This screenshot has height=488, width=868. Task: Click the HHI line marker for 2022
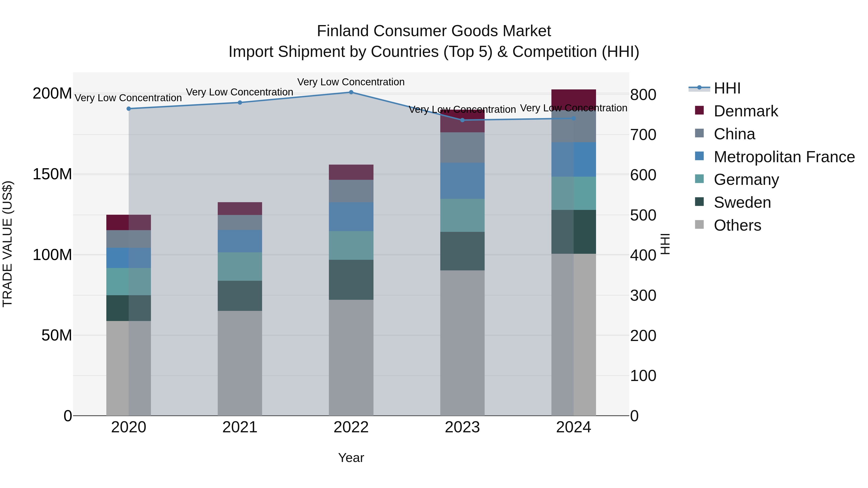[351, 92]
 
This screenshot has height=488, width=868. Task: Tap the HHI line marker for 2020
[128, 109]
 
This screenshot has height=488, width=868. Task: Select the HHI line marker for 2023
[462, 120]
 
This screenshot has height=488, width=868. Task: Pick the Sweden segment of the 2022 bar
[351, 280]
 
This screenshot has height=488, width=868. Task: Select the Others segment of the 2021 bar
[240, 363]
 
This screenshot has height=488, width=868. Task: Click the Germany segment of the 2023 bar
[462, 215]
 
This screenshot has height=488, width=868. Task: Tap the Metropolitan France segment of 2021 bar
[240, 241]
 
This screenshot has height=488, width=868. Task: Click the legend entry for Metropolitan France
[784, 157]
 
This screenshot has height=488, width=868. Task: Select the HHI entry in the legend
[727, 88]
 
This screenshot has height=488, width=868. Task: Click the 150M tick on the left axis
[52, 174]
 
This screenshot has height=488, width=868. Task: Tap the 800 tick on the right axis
[643, 95]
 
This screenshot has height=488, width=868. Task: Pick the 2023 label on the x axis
[462, 427]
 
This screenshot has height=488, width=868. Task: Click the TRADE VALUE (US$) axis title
[7, 244]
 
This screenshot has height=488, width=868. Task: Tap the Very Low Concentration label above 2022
[351, 82]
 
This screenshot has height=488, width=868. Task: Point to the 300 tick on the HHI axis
[643, 296]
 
